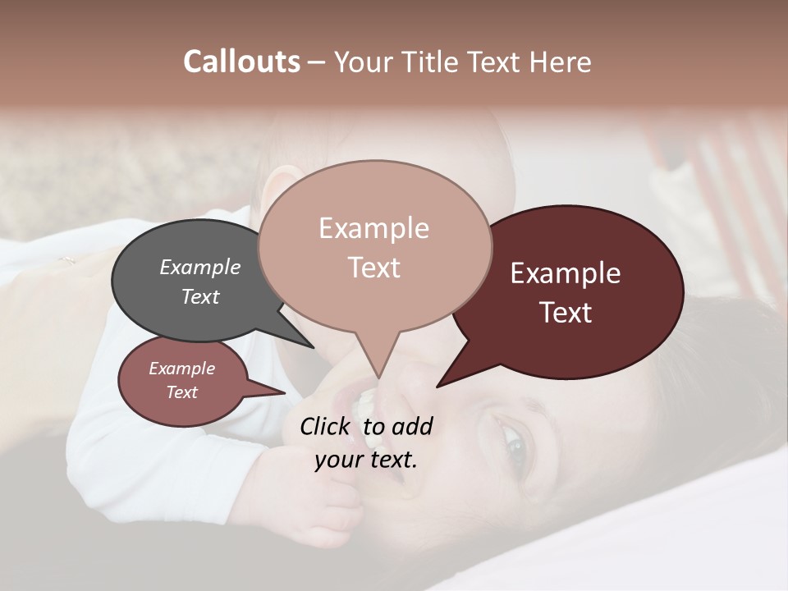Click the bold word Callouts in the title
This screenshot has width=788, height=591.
[x=241, y=62]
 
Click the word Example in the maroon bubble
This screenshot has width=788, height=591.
[x=566, y=273]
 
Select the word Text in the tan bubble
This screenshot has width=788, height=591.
[x=374, y=268]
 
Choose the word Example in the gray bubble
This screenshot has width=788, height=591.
[x=200, y=267]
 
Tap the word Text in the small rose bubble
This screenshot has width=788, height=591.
[x=182, y=392]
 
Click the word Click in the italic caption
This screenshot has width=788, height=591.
[x=326, y=426]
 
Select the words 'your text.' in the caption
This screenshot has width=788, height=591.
[x=365, y=459]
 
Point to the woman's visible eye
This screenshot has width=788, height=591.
[x=515, y=447]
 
